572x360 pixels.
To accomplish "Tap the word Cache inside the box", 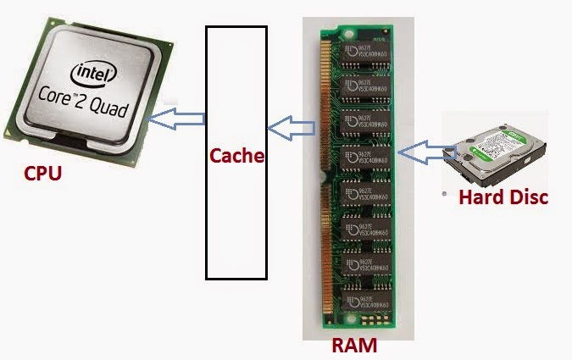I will pyautogui.click(x=236, y=156).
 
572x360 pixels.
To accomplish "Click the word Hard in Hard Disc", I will pyautogui.click(x=480, y=197).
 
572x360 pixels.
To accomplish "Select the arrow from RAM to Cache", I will pyautogui.click(x=291, y=130).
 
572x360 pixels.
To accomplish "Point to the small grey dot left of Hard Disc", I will pyautogui.click(x=446, y=194).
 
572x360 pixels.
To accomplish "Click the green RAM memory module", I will pyautogui.click(x=357, y=178).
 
